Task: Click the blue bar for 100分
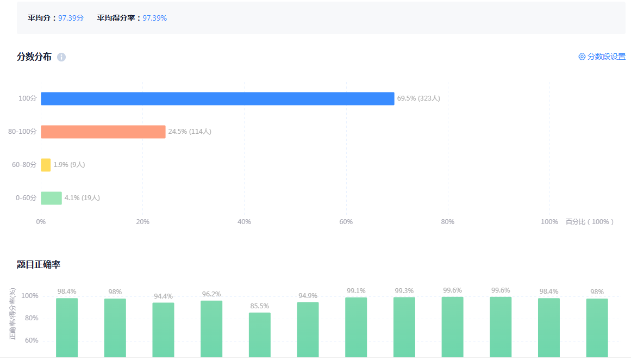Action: (x=217, y=98)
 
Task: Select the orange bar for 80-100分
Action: (x=103, y=132)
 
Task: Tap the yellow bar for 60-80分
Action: (x=46, y=165)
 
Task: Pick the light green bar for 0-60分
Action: (x=51, y=198)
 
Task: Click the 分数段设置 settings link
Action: (x=602, y=57)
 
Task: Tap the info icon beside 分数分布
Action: (x=61, y=57)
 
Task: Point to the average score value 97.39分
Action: (x=71, y=18)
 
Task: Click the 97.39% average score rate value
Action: (x=155, y=18)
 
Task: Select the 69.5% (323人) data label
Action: (x=418, y=98)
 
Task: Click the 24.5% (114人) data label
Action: (x=190, y=132)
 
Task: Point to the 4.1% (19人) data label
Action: (x=82, y=198)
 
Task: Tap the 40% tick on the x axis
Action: (x=244, y=222)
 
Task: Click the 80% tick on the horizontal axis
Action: (x=447, y=222)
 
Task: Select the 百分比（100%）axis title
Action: (x=590, y=222)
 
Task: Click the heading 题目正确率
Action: (x=39, y=265)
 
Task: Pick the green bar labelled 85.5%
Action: (x=260, y=334)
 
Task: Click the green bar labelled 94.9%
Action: (x=308, y=329)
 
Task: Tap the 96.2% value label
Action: (x=211, y=294)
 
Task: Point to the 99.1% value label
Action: (x=356, y=291)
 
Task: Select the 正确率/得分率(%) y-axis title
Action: (x=13, y=314)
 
